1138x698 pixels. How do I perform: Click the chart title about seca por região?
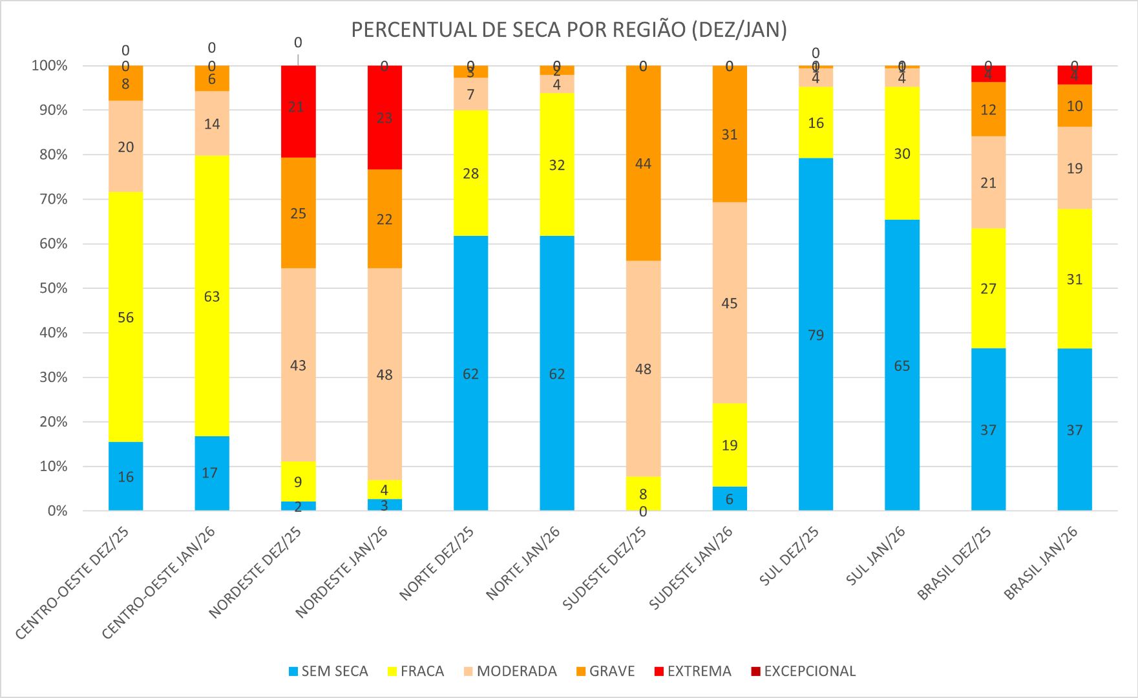(569, 30)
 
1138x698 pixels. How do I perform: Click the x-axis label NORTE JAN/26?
(523, 563)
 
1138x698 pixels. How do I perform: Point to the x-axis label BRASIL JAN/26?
(1041, 563)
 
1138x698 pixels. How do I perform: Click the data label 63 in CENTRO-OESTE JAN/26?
(212, 297)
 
